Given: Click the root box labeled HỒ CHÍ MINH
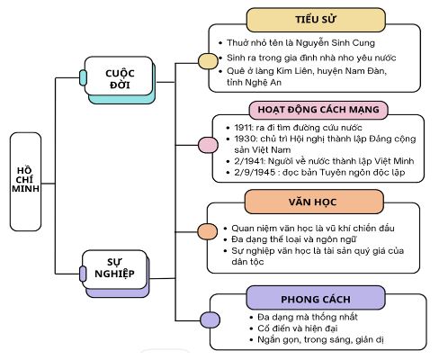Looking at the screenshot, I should [31, 179].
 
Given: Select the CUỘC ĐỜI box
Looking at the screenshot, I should [119, 78].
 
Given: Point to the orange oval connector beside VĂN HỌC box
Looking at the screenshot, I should [207, 231].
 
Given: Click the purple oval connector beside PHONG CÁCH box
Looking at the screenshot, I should [209, 319].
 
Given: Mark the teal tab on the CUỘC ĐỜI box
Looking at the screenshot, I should [84, 78].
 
